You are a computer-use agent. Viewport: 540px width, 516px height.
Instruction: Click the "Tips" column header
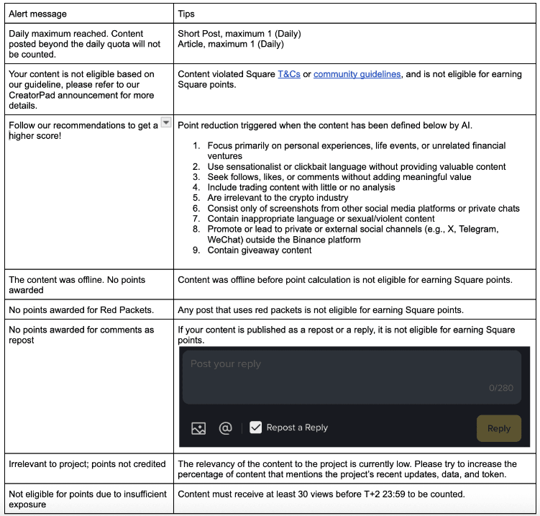pos(186,13)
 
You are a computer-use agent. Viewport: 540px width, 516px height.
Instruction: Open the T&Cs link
pos(289,74)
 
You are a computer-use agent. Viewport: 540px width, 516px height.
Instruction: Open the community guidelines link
pos(357,74)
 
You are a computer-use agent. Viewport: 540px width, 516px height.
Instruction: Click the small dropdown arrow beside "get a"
pos(166,123)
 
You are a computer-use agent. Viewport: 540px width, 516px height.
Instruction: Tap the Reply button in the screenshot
pos(498,428)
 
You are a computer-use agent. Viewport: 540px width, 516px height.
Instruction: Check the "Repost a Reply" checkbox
pos(256,427)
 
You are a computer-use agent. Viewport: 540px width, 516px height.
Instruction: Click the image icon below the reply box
pos(198,428)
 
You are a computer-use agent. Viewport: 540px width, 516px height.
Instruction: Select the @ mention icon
pos(225,428)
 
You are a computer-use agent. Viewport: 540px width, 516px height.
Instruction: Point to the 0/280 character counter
pos(500,388)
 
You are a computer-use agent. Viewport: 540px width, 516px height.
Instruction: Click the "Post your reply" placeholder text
pos(226,364)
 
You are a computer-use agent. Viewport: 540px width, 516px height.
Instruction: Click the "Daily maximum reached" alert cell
pos(85,43)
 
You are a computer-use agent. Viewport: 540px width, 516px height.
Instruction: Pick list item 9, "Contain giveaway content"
pos(260,250)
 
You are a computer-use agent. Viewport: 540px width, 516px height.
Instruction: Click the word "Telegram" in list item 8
pos(477,229)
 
